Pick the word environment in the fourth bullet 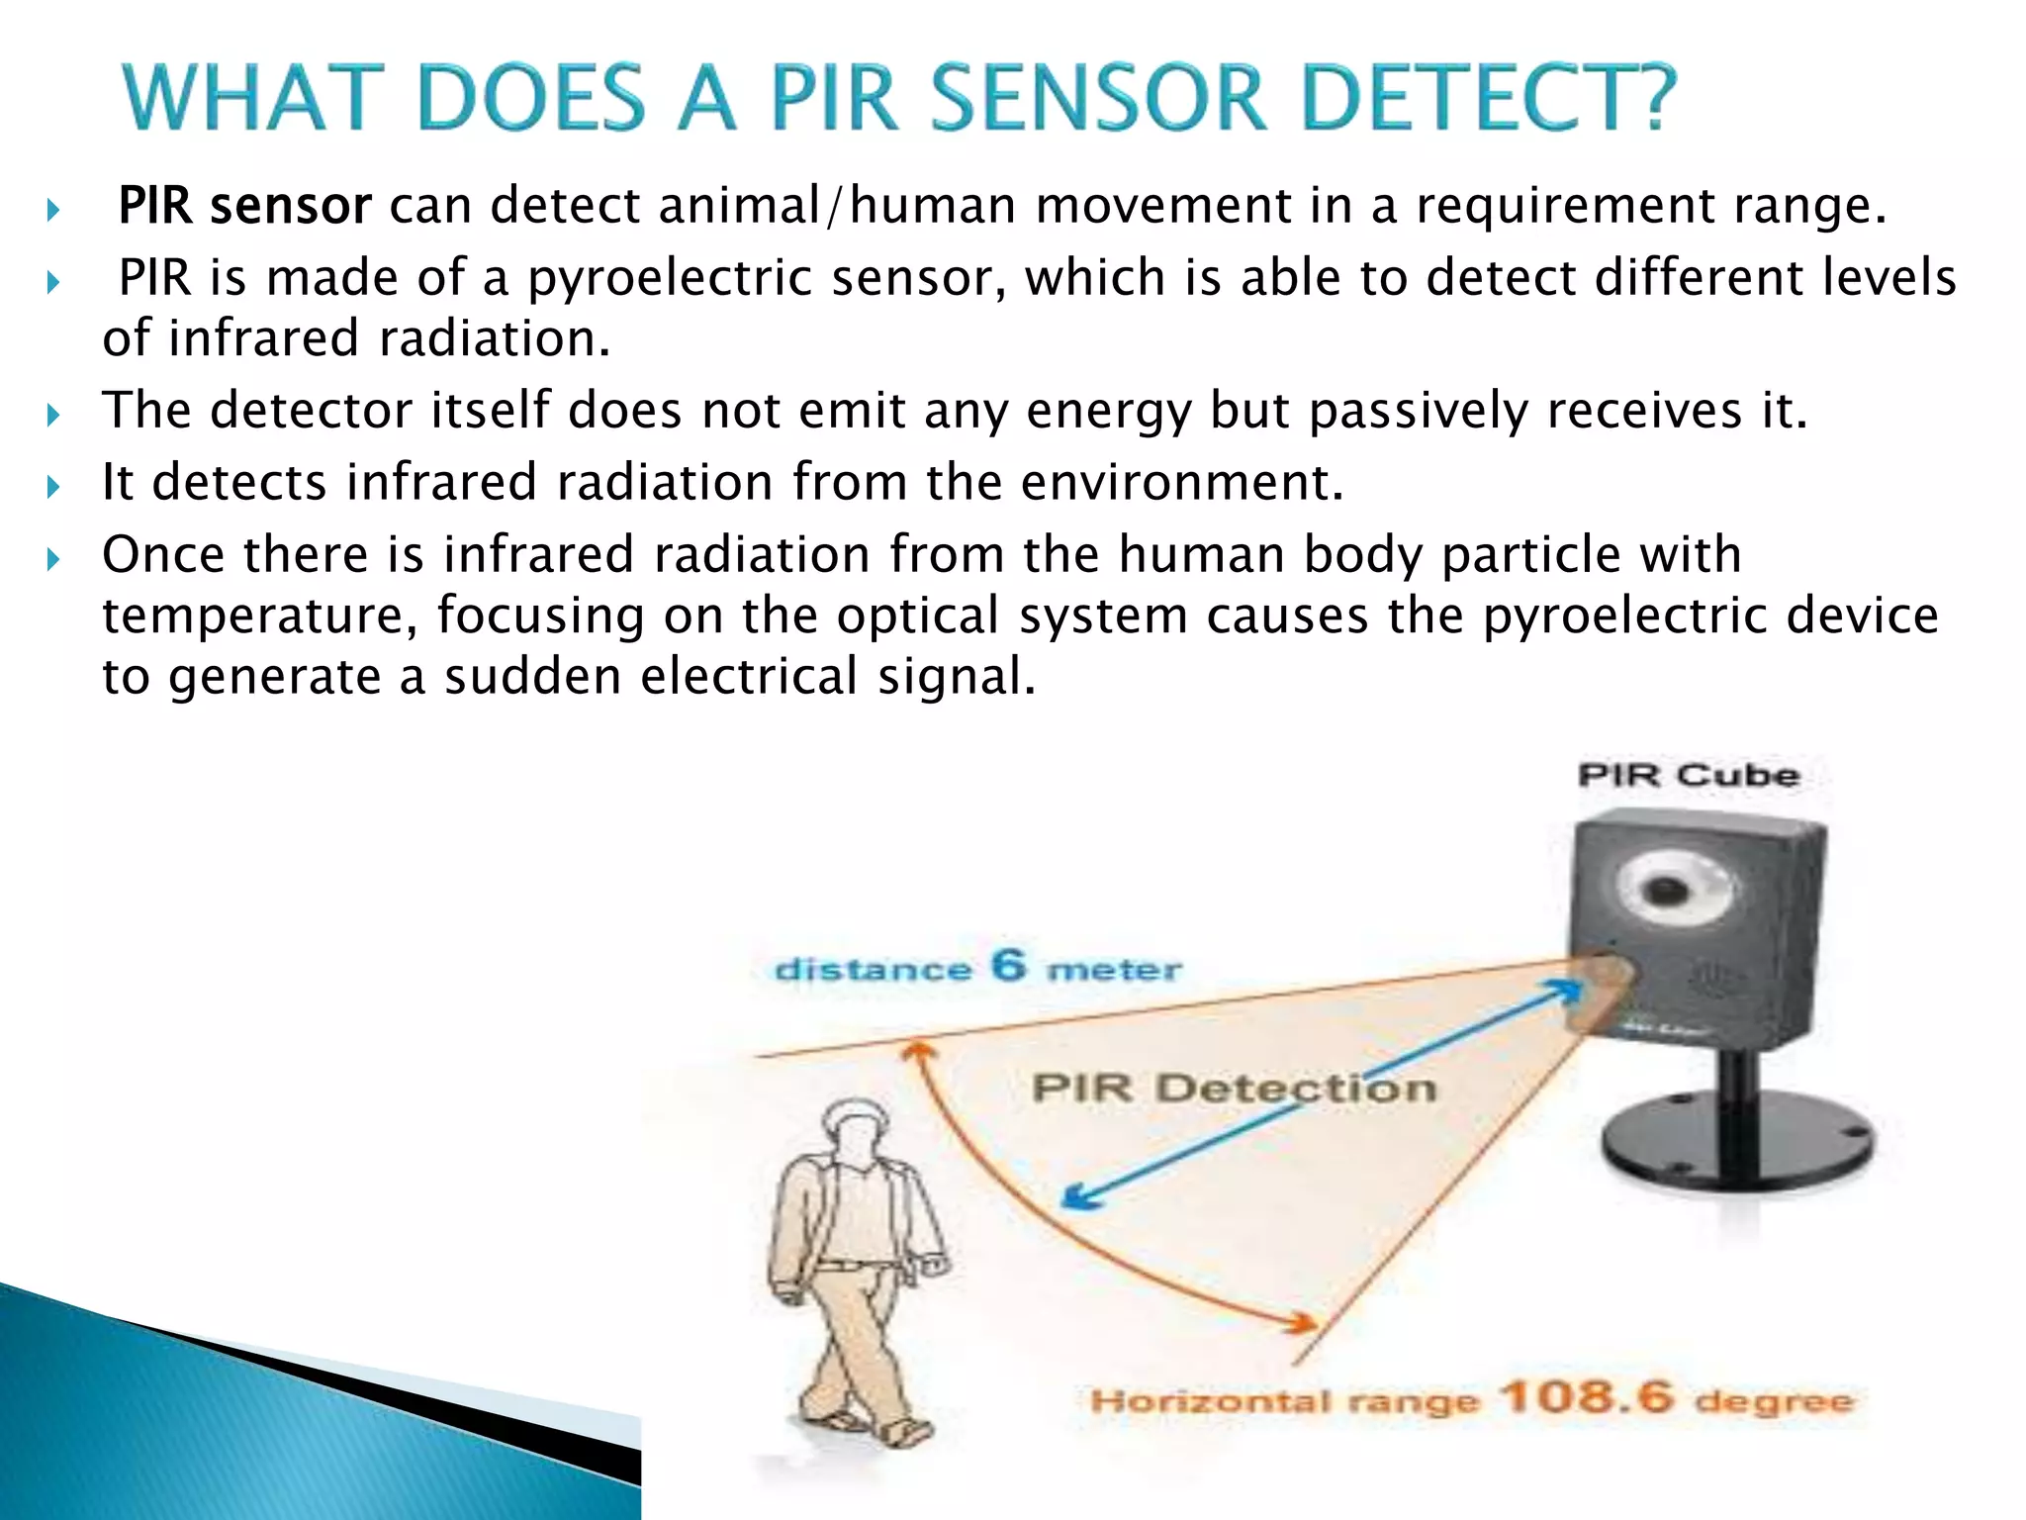(x=1181, y=482)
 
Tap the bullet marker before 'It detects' (x=53, y=486)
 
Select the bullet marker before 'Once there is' (x=53, y=558)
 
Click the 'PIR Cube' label (x=1688, y=774)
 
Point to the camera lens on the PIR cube (x=1668, y=886)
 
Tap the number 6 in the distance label (x=1008, y=964)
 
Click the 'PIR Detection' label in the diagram (x=1233, y=1089)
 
